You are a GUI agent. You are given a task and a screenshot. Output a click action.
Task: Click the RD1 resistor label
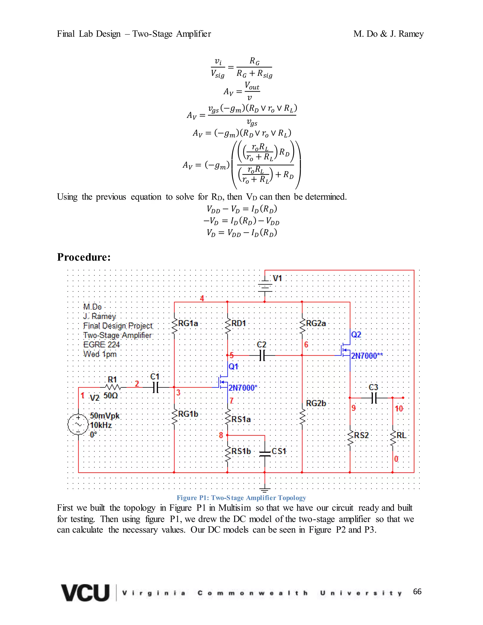[238, 323]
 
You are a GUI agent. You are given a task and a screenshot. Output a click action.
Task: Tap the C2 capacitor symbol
[262, 355]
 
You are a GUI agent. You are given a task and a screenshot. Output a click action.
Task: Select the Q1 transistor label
[233, 367]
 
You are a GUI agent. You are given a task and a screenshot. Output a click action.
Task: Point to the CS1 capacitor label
[279, 451]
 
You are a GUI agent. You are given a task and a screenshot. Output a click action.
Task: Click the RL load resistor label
[401, 435]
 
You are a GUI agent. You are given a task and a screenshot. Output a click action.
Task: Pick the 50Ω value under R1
[110, 396]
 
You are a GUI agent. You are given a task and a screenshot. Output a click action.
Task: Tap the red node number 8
[221, 435]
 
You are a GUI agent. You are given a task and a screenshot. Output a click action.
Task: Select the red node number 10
[399, 409]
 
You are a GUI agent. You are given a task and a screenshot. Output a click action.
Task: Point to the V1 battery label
[277, 278]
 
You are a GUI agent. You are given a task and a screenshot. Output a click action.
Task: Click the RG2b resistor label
[316, 403]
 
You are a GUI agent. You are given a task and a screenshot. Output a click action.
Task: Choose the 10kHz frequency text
[101, 425]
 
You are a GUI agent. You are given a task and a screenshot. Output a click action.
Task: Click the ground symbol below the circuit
[265, 490]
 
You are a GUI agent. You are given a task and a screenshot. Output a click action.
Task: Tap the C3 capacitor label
[373, 387]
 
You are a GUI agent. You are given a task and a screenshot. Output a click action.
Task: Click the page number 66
[417, 592]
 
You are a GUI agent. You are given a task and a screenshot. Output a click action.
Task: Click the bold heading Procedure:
[83, 257]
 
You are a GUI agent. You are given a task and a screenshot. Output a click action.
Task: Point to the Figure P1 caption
[241, 498]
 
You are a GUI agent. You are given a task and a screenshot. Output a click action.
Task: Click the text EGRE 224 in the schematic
[101, 345]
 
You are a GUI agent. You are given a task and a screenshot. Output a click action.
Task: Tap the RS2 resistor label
[361, 435]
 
